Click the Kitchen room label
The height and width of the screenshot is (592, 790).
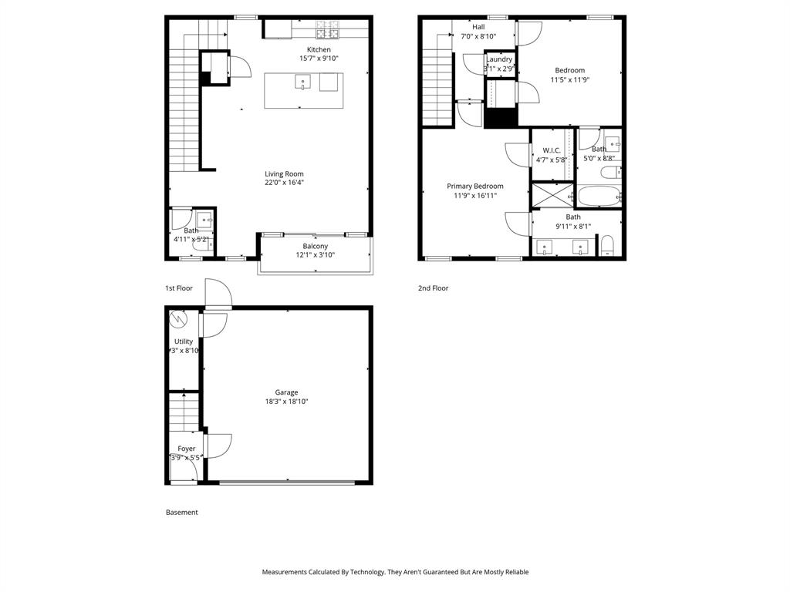tap(319, 50)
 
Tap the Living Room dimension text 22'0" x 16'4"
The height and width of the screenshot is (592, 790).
tap(284, 183)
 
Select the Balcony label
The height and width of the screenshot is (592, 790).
tap(315, 247)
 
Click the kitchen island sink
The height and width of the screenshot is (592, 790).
tap(303, 81)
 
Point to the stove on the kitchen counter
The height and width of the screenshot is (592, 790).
tap(327, 30)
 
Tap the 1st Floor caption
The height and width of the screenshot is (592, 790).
tap(179, 288)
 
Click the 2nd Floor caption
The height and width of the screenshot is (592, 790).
tap(434, 288)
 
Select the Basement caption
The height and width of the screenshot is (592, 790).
tap(182, 513)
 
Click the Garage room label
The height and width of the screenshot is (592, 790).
tap(286, 392)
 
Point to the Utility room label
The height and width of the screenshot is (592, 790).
tap(184, 341)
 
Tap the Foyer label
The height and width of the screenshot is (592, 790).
tap(186, 449)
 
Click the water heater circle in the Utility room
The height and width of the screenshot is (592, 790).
tap(179, 318)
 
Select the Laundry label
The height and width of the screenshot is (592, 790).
tap(499, 59)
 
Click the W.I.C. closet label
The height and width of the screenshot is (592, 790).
tap(551, 150)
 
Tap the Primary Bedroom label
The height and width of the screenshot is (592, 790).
tap(475, 187)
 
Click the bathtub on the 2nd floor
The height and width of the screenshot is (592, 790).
tap(599, 196)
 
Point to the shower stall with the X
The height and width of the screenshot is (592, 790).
tap(552, 195)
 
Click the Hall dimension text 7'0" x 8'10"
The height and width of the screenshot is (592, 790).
tap(478, 36)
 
